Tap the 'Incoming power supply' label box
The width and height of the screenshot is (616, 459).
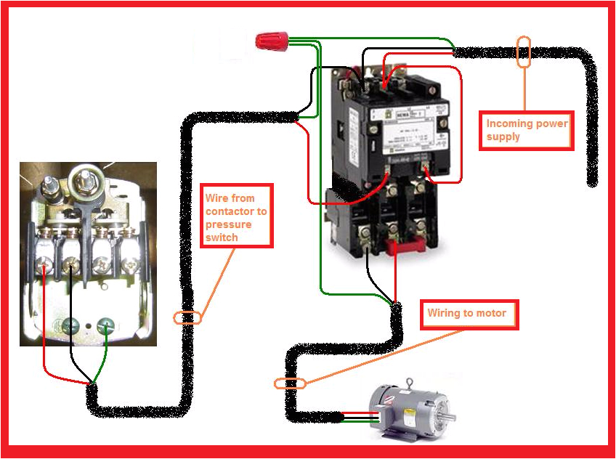[x=527, y=131]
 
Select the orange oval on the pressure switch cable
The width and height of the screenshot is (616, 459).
[x=187, y=317]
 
